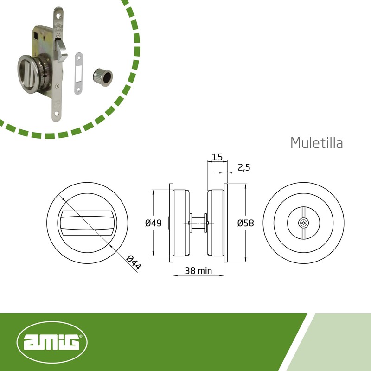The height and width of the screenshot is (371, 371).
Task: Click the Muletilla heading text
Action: click(317, 143)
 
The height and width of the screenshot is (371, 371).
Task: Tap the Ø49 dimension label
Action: click(154, 223)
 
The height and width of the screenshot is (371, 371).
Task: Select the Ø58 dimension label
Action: click(246, 223)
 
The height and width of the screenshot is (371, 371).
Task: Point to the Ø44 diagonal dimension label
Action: click(134, 262)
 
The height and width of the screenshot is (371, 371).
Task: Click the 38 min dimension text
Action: click(198, 271)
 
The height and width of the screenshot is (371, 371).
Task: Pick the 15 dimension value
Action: click(217, 157)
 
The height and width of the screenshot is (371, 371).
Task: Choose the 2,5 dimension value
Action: click(244, 167)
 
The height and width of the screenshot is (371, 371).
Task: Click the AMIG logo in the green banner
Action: click(52, 342)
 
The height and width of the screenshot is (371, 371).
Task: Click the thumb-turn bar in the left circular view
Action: click(87, 223)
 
